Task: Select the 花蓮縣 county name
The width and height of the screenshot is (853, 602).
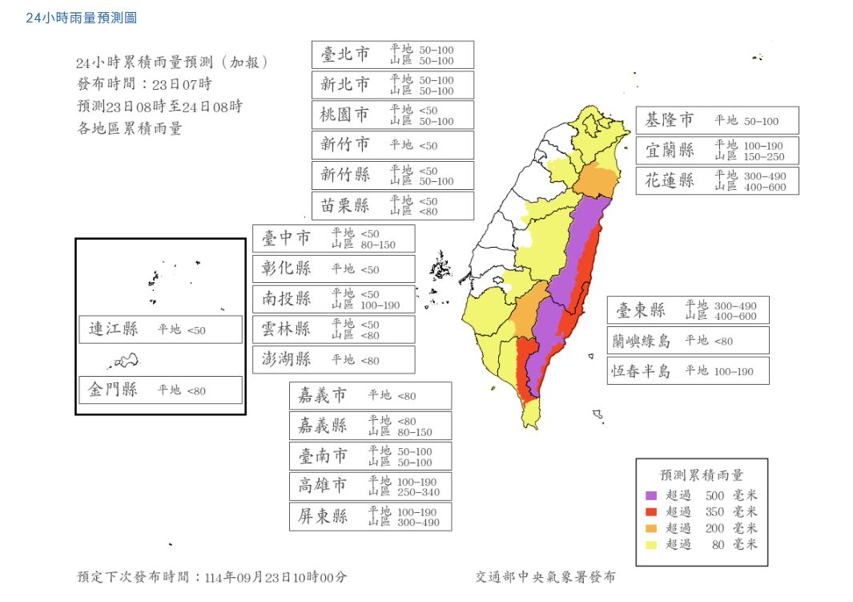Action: click(670, 180)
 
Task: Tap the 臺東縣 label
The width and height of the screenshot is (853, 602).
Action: click(641, 310)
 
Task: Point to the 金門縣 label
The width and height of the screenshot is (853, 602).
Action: click(113, 390)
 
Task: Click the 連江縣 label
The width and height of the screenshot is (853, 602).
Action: click(113, 329)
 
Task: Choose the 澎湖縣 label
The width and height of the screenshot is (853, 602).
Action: click(287, 359)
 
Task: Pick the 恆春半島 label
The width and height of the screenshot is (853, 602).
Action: click(641, 370)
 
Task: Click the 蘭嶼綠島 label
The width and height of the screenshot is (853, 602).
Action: click(641, 341)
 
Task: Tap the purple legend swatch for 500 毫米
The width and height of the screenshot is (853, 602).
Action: click(650, 495)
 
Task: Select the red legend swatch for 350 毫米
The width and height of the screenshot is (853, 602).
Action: click(650, 511)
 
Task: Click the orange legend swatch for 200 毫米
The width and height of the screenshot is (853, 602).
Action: click(650, 528)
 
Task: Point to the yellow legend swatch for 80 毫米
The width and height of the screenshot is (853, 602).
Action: click(650, 544)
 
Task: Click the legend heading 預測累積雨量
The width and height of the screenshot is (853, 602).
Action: click(701, 475)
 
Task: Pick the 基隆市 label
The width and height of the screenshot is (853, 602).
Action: click(670, 120)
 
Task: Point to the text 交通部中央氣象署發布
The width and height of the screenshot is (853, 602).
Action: click(545, 577)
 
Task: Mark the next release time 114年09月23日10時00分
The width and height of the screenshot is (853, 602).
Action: click(276, 577)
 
